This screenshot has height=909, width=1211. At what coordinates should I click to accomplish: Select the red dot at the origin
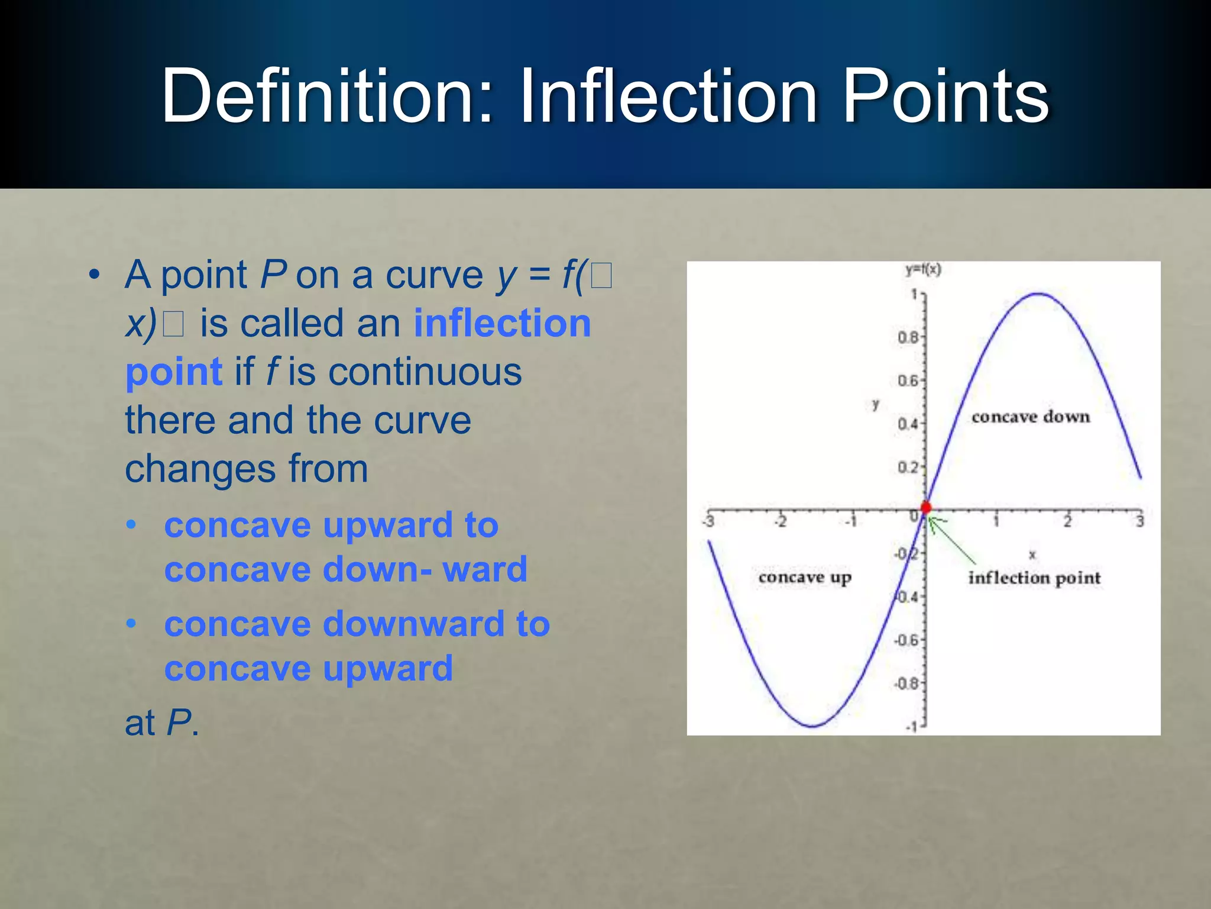click(926, 507)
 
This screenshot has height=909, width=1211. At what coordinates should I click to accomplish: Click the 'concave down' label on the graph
click(1030, 417)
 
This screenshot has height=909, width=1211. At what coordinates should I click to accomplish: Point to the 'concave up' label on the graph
click(805, 577)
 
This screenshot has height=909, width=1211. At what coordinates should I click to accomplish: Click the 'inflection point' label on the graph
click(1034, 578)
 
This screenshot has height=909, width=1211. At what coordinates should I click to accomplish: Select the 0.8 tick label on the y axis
click(908, 338)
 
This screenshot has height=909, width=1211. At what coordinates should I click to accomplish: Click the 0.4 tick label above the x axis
click(908, 424)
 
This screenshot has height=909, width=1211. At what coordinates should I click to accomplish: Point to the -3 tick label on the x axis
click(708, 521)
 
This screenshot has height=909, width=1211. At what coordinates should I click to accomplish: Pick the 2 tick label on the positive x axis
click(1067, 521)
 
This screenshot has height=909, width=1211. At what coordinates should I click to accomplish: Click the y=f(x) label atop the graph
click(923, 270)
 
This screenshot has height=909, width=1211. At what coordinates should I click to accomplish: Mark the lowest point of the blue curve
click(813, 726)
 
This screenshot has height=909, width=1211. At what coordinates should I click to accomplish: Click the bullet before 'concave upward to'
click(131, 525)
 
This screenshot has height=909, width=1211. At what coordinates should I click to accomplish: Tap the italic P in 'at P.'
click(179, 723)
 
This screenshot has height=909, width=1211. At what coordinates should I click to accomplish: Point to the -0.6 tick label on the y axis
click(906, 640)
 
